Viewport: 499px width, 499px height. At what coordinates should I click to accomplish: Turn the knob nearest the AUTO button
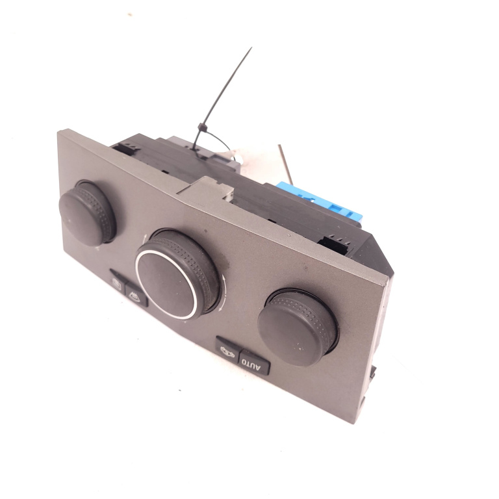click(298, 327)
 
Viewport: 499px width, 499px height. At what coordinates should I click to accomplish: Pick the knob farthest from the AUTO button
click(87, 212)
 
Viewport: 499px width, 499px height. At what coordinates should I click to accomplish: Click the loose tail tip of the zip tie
click(251, 47)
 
